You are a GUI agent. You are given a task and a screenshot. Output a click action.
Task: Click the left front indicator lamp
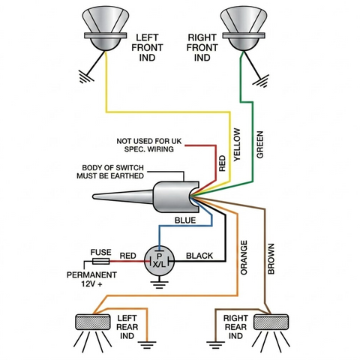pos(106,28)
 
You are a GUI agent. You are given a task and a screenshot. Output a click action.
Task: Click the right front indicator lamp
pos(243,28)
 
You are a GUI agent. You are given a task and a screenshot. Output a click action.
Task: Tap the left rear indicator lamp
pos(93,322)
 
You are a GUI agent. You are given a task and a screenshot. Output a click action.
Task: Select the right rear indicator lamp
pos(271,322)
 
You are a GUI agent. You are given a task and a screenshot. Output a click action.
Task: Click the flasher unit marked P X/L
pos(159,261)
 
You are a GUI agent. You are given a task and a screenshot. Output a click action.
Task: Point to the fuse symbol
pos(101,262)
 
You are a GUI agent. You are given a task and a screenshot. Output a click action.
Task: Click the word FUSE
pos(100,252)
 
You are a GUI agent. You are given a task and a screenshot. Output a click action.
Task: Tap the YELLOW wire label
pos(237,145)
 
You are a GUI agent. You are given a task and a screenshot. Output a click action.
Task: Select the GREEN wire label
pos(259,145)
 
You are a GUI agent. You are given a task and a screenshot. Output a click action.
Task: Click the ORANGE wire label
pos(244,257)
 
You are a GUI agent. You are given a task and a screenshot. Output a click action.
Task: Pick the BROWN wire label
pos(271,259)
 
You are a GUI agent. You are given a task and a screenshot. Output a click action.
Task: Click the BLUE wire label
pos(185,220)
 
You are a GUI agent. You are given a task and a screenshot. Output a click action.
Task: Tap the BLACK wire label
pos(199,256)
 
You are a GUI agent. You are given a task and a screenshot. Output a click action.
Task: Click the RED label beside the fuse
pos(127,256)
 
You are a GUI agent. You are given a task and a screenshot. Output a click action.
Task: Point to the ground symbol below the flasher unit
pos(159,285)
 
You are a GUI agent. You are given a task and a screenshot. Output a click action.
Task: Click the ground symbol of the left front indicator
pos(86,76)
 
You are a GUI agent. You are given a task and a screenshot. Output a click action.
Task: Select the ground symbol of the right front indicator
pos(261,80)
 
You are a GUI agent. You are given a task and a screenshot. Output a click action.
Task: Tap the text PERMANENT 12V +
pos(91,279)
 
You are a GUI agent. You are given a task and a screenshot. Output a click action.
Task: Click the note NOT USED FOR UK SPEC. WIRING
pos(149,145)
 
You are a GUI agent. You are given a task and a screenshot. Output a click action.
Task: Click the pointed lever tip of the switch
pos(94,196)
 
